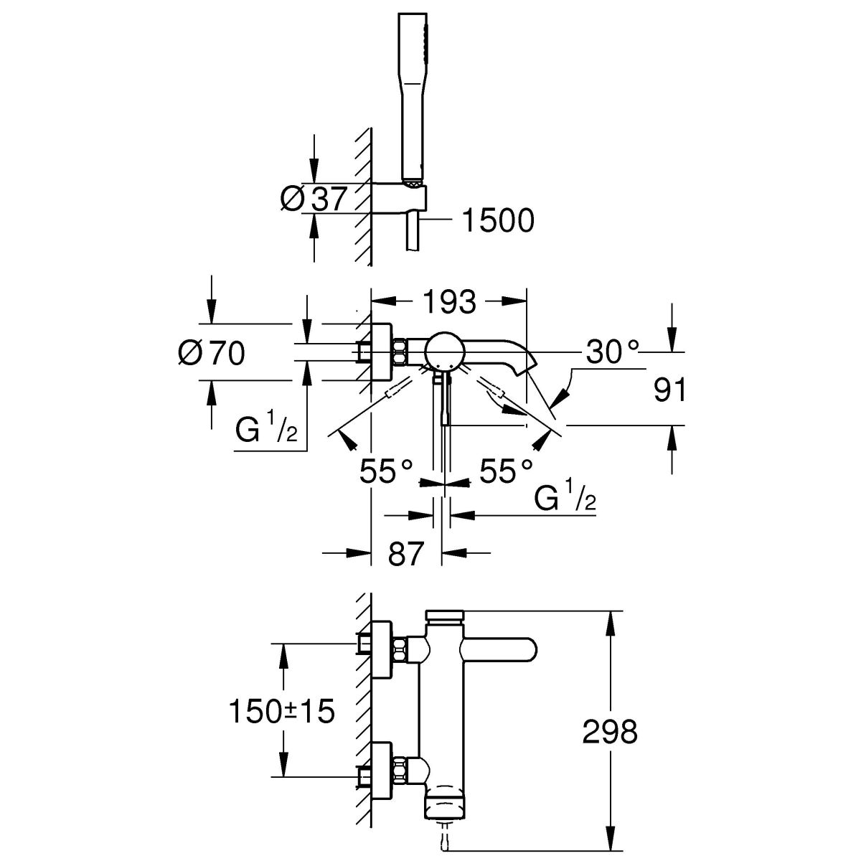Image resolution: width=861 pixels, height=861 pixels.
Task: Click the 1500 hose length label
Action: pyautogui.click(x=498, y=221)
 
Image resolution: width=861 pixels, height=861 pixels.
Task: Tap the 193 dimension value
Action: pyautogui.click(x=449, y=302)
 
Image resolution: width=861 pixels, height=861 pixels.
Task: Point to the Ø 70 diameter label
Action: pyautogui.click(x=211, y=353)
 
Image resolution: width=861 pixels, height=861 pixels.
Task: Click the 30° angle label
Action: pyautogui.click(x=611, y=352)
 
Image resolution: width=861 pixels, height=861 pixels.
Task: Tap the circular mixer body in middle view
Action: pyautogui.click(x=445, y=352)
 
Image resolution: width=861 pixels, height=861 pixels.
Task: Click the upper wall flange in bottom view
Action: pyautogui.click(x=381, y=650)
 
